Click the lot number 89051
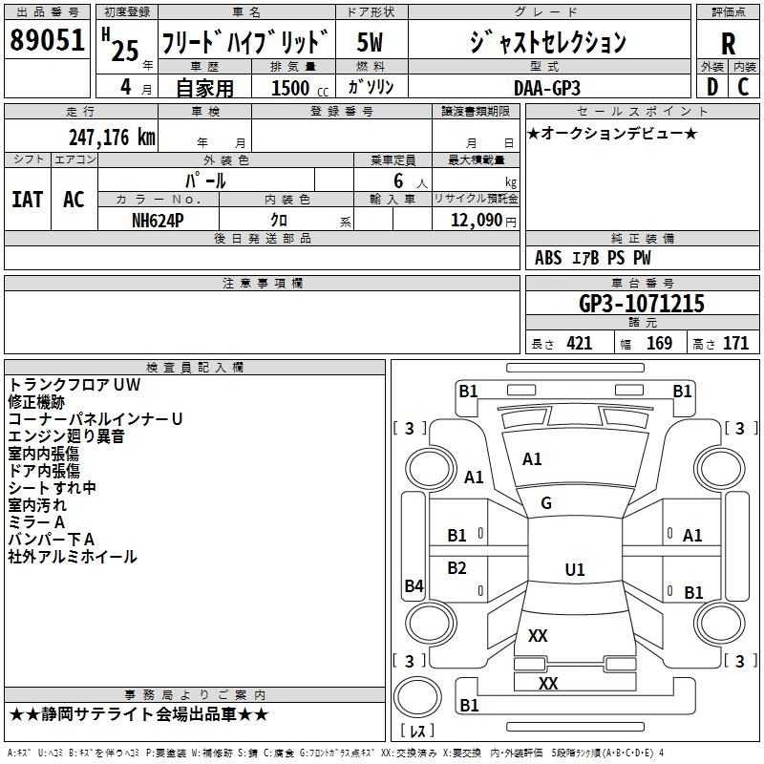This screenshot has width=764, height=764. [x=47, y=40]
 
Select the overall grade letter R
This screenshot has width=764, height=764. [x=728, y=44]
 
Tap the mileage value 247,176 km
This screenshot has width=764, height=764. [x=112, y=138]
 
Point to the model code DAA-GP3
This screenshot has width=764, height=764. [x=547, y=88]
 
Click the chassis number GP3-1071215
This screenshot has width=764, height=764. [x=642, y=304]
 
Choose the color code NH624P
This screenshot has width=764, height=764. [x=158, y=221]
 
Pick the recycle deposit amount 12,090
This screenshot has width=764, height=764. [x=476, y=221]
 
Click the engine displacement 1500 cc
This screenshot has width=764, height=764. [x=300, y=88]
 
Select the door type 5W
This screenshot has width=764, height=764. [x=370, y=42]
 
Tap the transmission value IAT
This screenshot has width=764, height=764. [x=28, y=200]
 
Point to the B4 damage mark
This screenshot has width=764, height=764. [x=414, y=585]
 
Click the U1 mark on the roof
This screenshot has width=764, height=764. [x=575, y=569]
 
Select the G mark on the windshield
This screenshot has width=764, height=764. [x=546, y=503]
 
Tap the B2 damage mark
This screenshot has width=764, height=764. [x=456, y=567]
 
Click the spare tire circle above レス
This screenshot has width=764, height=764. [x=417, y=697]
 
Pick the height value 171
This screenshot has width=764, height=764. [x=735, y=344]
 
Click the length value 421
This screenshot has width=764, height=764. [x=580, y=344]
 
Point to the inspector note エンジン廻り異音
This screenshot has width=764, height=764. [x=66, y=436]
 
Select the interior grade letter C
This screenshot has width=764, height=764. [x=743, y=87]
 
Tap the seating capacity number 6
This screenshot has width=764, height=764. [x=398, y=180]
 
